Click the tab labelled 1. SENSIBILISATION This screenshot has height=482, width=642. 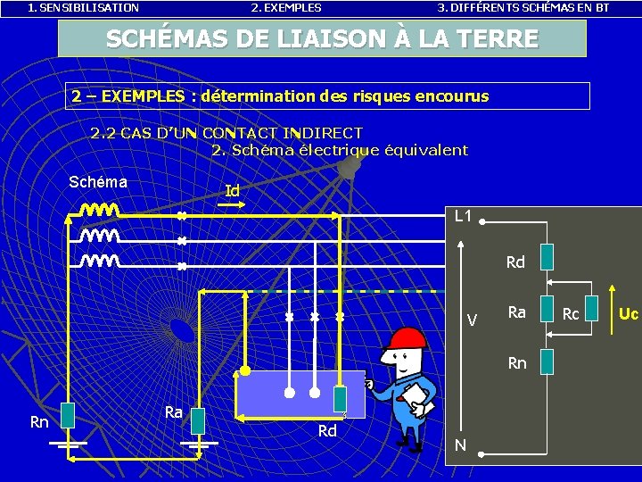pyautogui.click(x=84, y=8)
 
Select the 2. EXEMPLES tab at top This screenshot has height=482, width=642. pyautogui.click(x=286, y=8)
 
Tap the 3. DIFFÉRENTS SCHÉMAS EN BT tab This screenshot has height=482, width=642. pyautogui.click(x=523, y=8)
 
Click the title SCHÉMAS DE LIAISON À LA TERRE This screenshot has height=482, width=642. pyautogui.click(x=322, y=39)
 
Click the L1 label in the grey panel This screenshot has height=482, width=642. pyautogui.click(x=464, y=216)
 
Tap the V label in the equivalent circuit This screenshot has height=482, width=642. pyautogui.click(x=473, y=320)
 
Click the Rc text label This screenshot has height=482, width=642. pyautogui.click(x=571, y=314)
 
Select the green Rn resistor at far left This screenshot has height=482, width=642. pyautogui.click(x=67, y=417)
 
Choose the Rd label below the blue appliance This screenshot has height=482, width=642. pyautogui.click(x=327, y=432)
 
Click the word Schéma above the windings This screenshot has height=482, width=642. pyautogui.click(x=98, y=182)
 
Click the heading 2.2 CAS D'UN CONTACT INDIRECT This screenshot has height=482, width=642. pyautogui.click(x=226, y=134)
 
